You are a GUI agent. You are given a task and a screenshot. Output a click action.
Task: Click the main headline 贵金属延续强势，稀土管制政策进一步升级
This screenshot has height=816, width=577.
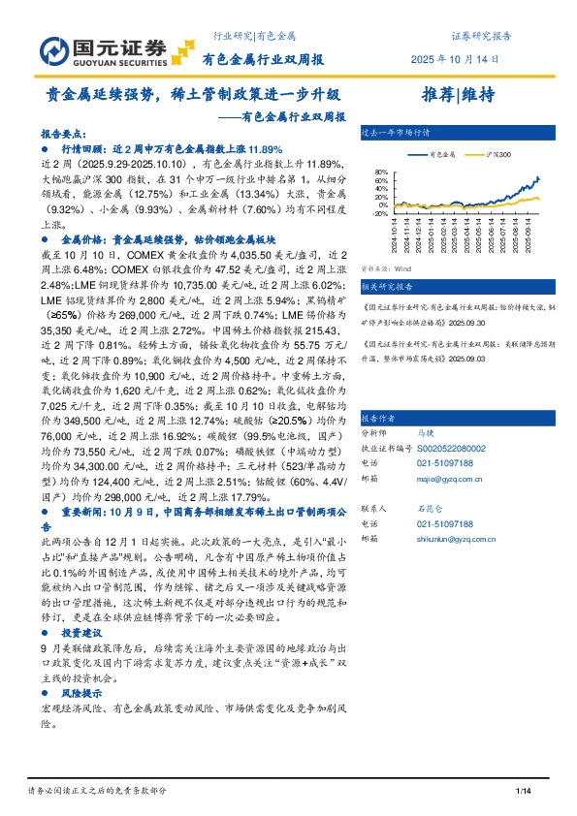pyautogui.click(x=194, y=95)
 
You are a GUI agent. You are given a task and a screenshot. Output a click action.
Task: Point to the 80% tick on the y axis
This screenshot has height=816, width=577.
pyautogui.click(x=380, y=173)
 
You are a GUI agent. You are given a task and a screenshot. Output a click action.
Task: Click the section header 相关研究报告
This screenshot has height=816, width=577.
pyautogui.click(x=386, y=287)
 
